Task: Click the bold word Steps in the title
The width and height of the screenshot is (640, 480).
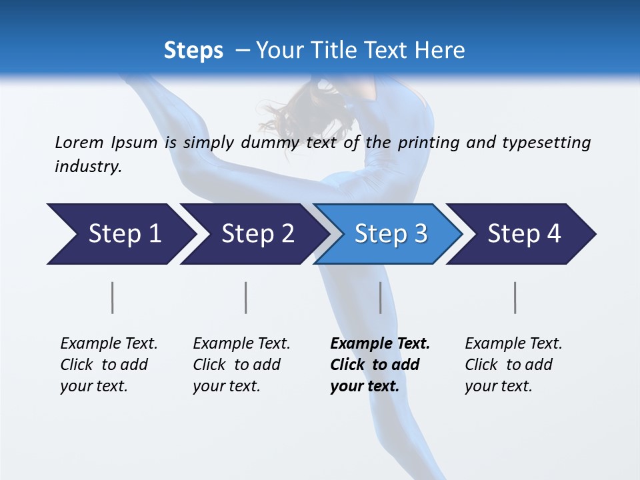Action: (x=193, y=51)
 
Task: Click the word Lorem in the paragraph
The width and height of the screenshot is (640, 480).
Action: (x=79, y=143)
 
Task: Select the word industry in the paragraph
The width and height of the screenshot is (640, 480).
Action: (x=87, y=167)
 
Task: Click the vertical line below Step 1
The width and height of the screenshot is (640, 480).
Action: (x=113, y=297)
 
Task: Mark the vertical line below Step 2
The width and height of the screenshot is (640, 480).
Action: (x=246, y=297)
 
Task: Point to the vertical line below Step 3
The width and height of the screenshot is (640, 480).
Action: (x=381, y=297)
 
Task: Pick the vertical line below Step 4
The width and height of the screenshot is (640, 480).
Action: (x=515, y=297)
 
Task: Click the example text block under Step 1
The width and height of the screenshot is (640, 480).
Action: (x=108, y=365)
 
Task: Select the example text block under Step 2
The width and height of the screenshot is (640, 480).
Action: (x=241, y=365)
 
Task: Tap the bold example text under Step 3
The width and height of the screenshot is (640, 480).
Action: (x=379, y=365)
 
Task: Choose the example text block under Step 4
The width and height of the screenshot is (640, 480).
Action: (x=513, y=365)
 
